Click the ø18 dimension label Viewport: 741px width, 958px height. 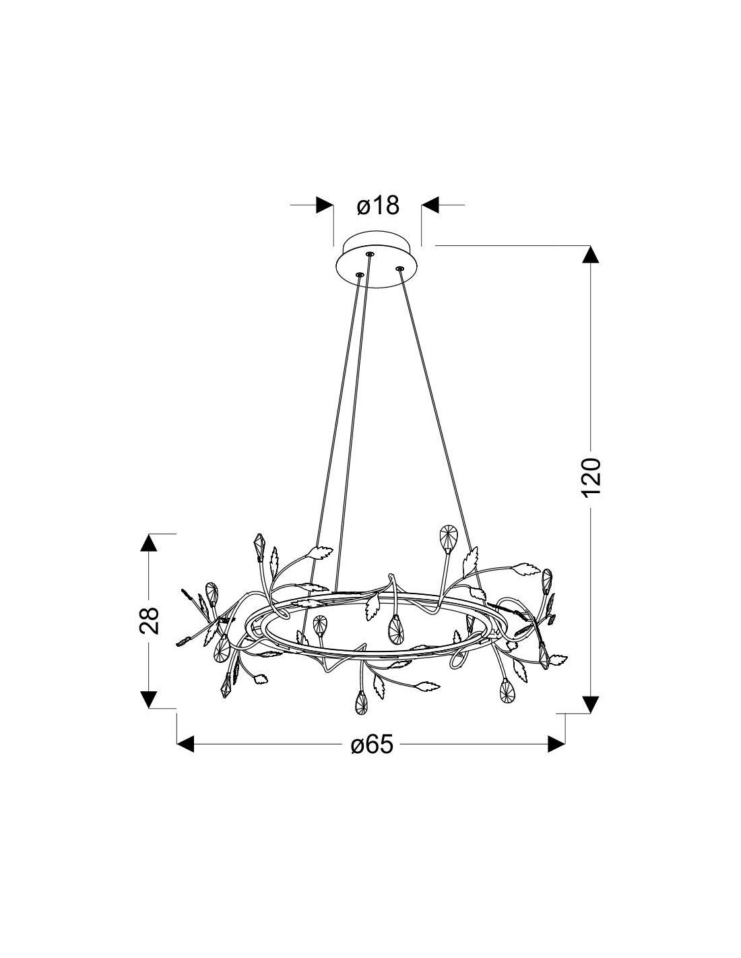tap(378, 205)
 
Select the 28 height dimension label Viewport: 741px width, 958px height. tap(149, 621)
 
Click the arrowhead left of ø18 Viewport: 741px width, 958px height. tap(325, 205)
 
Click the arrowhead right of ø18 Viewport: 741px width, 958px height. tap(430, 205)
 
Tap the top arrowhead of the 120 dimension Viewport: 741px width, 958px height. tap(591, 255)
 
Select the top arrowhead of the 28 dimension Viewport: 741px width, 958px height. tap(149, 543)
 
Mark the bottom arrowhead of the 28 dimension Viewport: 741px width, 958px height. tap(149, 700)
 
